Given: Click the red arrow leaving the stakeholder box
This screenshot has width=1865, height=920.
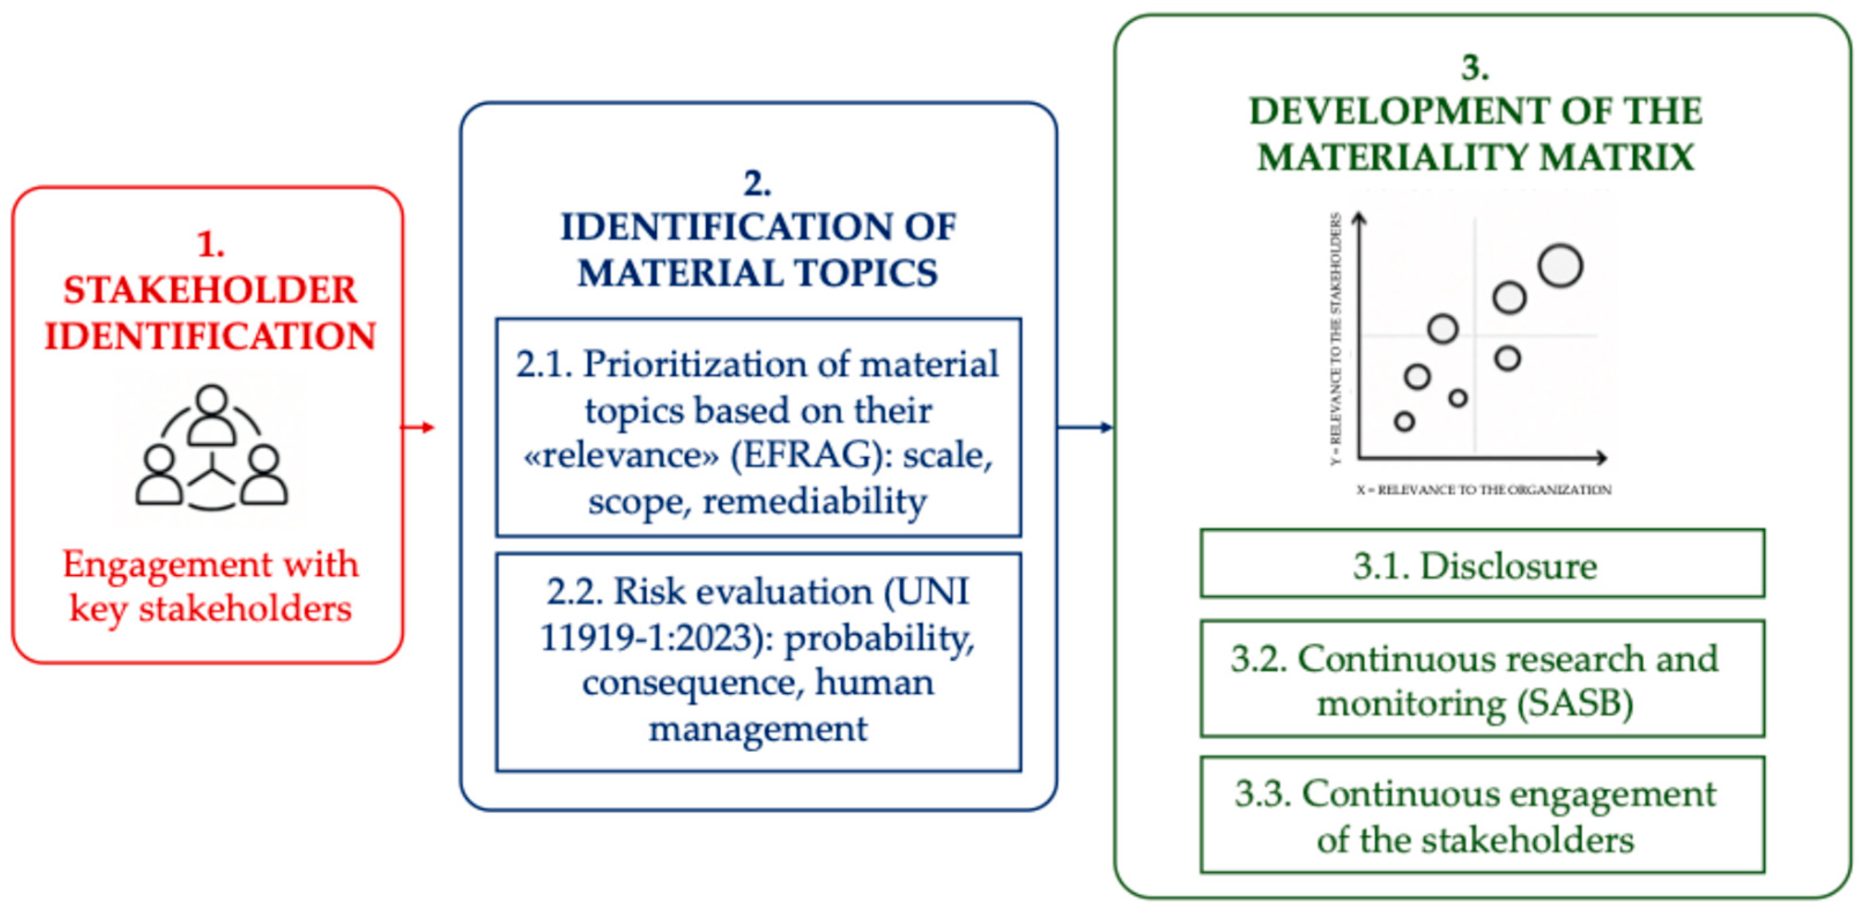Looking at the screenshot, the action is (418, 427).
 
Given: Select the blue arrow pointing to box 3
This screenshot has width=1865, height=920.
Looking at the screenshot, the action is (1085, 427).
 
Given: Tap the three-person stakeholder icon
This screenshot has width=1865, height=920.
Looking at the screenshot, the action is (212, 447).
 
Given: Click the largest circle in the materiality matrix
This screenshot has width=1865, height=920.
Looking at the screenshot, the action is (1560, 266).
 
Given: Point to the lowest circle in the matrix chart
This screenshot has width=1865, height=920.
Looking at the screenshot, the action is (1404, 421).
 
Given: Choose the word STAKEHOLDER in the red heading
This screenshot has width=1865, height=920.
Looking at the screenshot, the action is (210, 290).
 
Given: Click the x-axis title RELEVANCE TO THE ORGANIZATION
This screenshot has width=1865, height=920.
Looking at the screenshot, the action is (1484, 490).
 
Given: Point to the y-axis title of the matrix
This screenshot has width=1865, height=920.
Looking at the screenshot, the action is (1336, 339).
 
